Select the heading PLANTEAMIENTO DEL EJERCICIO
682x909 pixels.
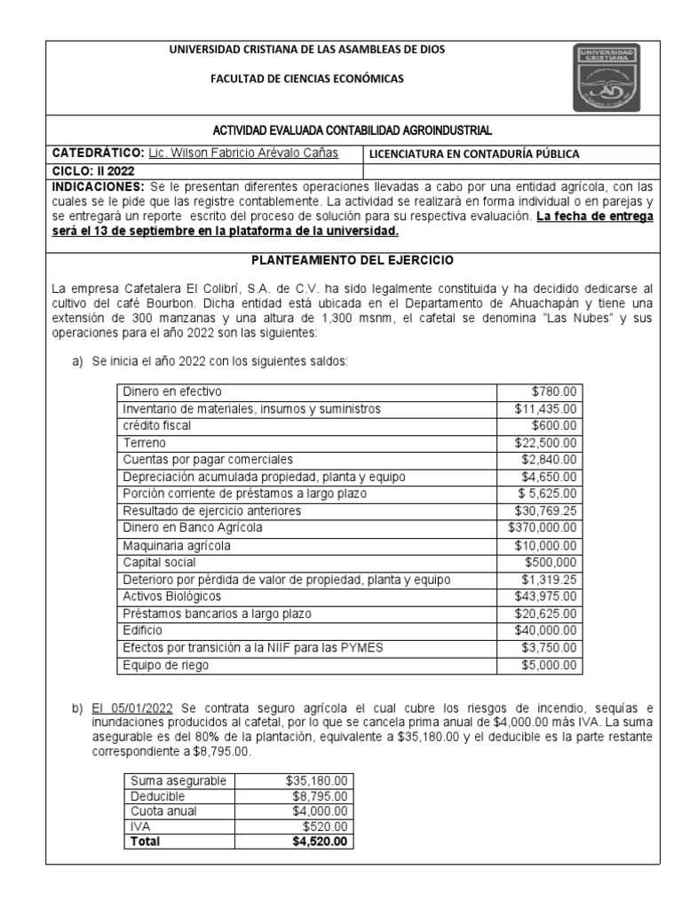[353, 260]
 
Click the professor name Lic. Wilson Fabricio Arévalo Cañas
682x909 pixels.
[242, 153]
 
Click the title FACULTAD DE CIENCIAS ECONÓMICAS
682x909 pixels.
[306, 79]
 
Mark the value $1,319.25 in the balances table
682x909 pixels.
[549, 580]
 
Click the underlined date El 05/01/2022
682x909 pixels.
[132, 707]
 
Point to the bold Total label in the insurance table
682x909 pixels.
[146, 842]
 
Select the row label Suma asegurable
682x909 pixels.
[177, 781]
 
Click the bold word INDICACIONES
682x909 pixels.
[97, 187]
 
